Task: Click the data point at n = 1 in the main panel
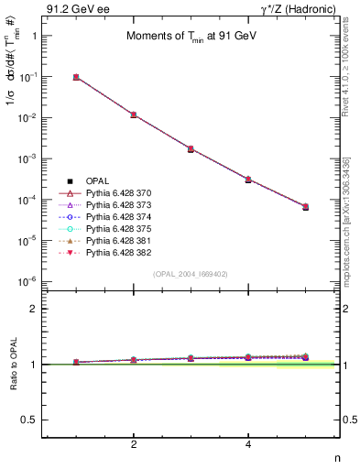click(76, 77)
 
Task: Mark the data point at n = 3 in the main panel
click(191, 148)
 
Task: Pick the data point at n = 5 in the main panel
click(305, 207)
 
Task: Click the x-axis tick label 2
click(134, 444)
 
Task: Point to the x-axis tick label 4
click(248, 444)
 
